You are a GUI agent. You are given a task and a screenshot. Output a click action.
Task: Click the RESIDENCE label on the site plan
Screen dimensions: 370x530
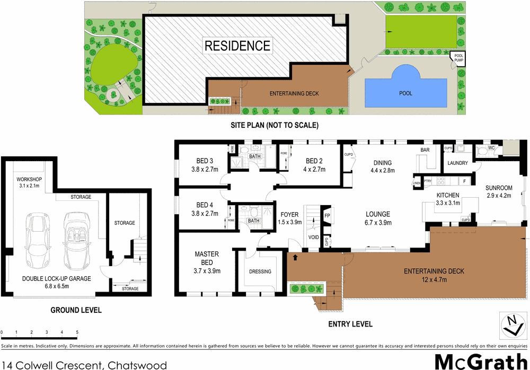tap(237, 46)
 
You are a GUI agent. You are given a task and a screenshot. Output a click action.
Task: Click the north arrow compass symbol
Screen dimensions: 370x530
tap(511, 324)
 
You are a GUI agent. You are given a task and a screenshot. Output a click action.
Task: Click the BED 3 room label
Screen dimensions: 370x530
tap(205, 165)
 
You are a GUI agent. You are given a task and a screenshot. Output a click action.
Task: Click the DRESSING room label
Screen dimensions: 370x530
tap(260, 271)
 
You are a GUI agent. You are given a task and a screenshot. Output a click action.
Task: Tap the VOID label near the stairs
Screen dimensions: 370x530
tap(314, 237)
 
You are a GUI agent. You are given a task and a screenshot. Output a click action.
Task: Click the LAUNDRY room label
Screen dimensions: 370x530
tap(457, 163)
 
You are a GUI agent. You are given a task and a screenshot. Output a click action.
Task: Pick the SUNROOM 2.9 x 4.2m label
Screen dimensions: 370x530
tap(499, 191)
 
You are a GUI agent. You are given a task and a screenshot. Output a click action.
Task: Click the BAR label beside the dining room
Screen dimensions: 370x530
tap(425, 150)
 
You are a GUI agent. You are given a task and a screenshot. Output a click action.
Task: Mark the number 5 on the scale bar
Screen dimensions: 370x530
tap(77, 332)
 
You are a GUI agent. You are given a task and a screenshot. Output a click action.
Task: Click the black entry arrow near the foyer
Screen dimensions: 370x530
tap(295, 258)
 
